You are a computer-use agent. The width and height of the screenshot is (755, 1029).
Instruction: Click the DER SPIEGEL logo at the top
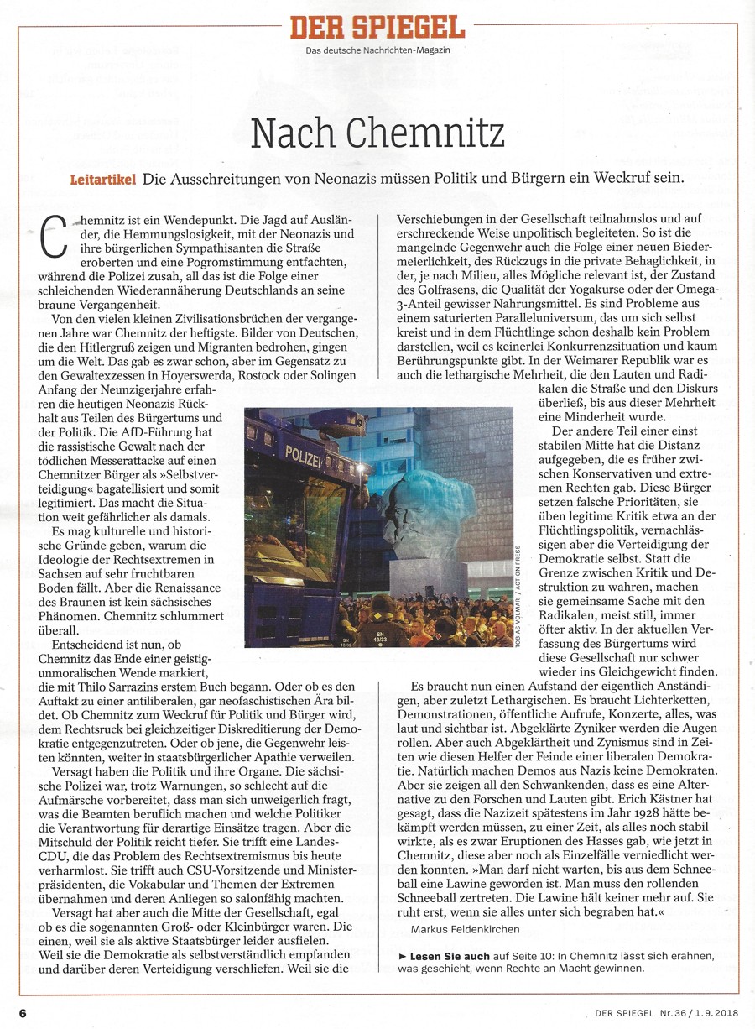click(377, 29)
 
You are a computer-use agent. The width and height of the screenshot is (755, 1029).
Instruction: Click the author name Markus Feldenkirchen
click(466, 929)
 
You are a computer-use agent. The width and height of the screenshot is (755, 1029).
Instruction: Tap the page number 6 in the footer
click(23, 1012)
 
